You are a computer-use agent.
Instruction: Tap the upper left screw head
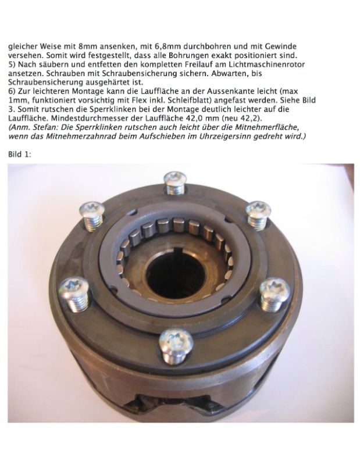tap(91, 210)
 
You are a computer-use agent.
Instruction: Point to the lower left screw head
tap(74, 287)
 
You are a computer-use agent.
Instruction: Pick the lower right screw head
tap(275, 288)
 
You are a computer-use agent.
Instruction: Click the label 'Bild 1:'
tap(20, 155)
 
